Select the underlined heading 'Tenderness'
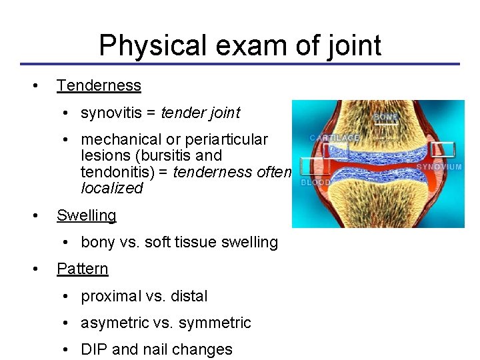(99, 85)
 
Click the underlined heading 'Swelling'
(86, 215)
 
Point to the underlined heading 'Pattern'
(82, 269)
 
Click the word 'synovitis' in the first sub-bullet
(110, 113)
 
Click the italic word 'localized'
(111, 188)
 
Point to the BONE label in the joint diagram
(385, 117)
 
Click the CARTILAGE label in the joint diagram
(335, 138)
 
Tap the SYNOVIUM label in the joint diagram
(439, 167)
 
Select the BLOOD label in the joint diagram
(316, 182)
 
